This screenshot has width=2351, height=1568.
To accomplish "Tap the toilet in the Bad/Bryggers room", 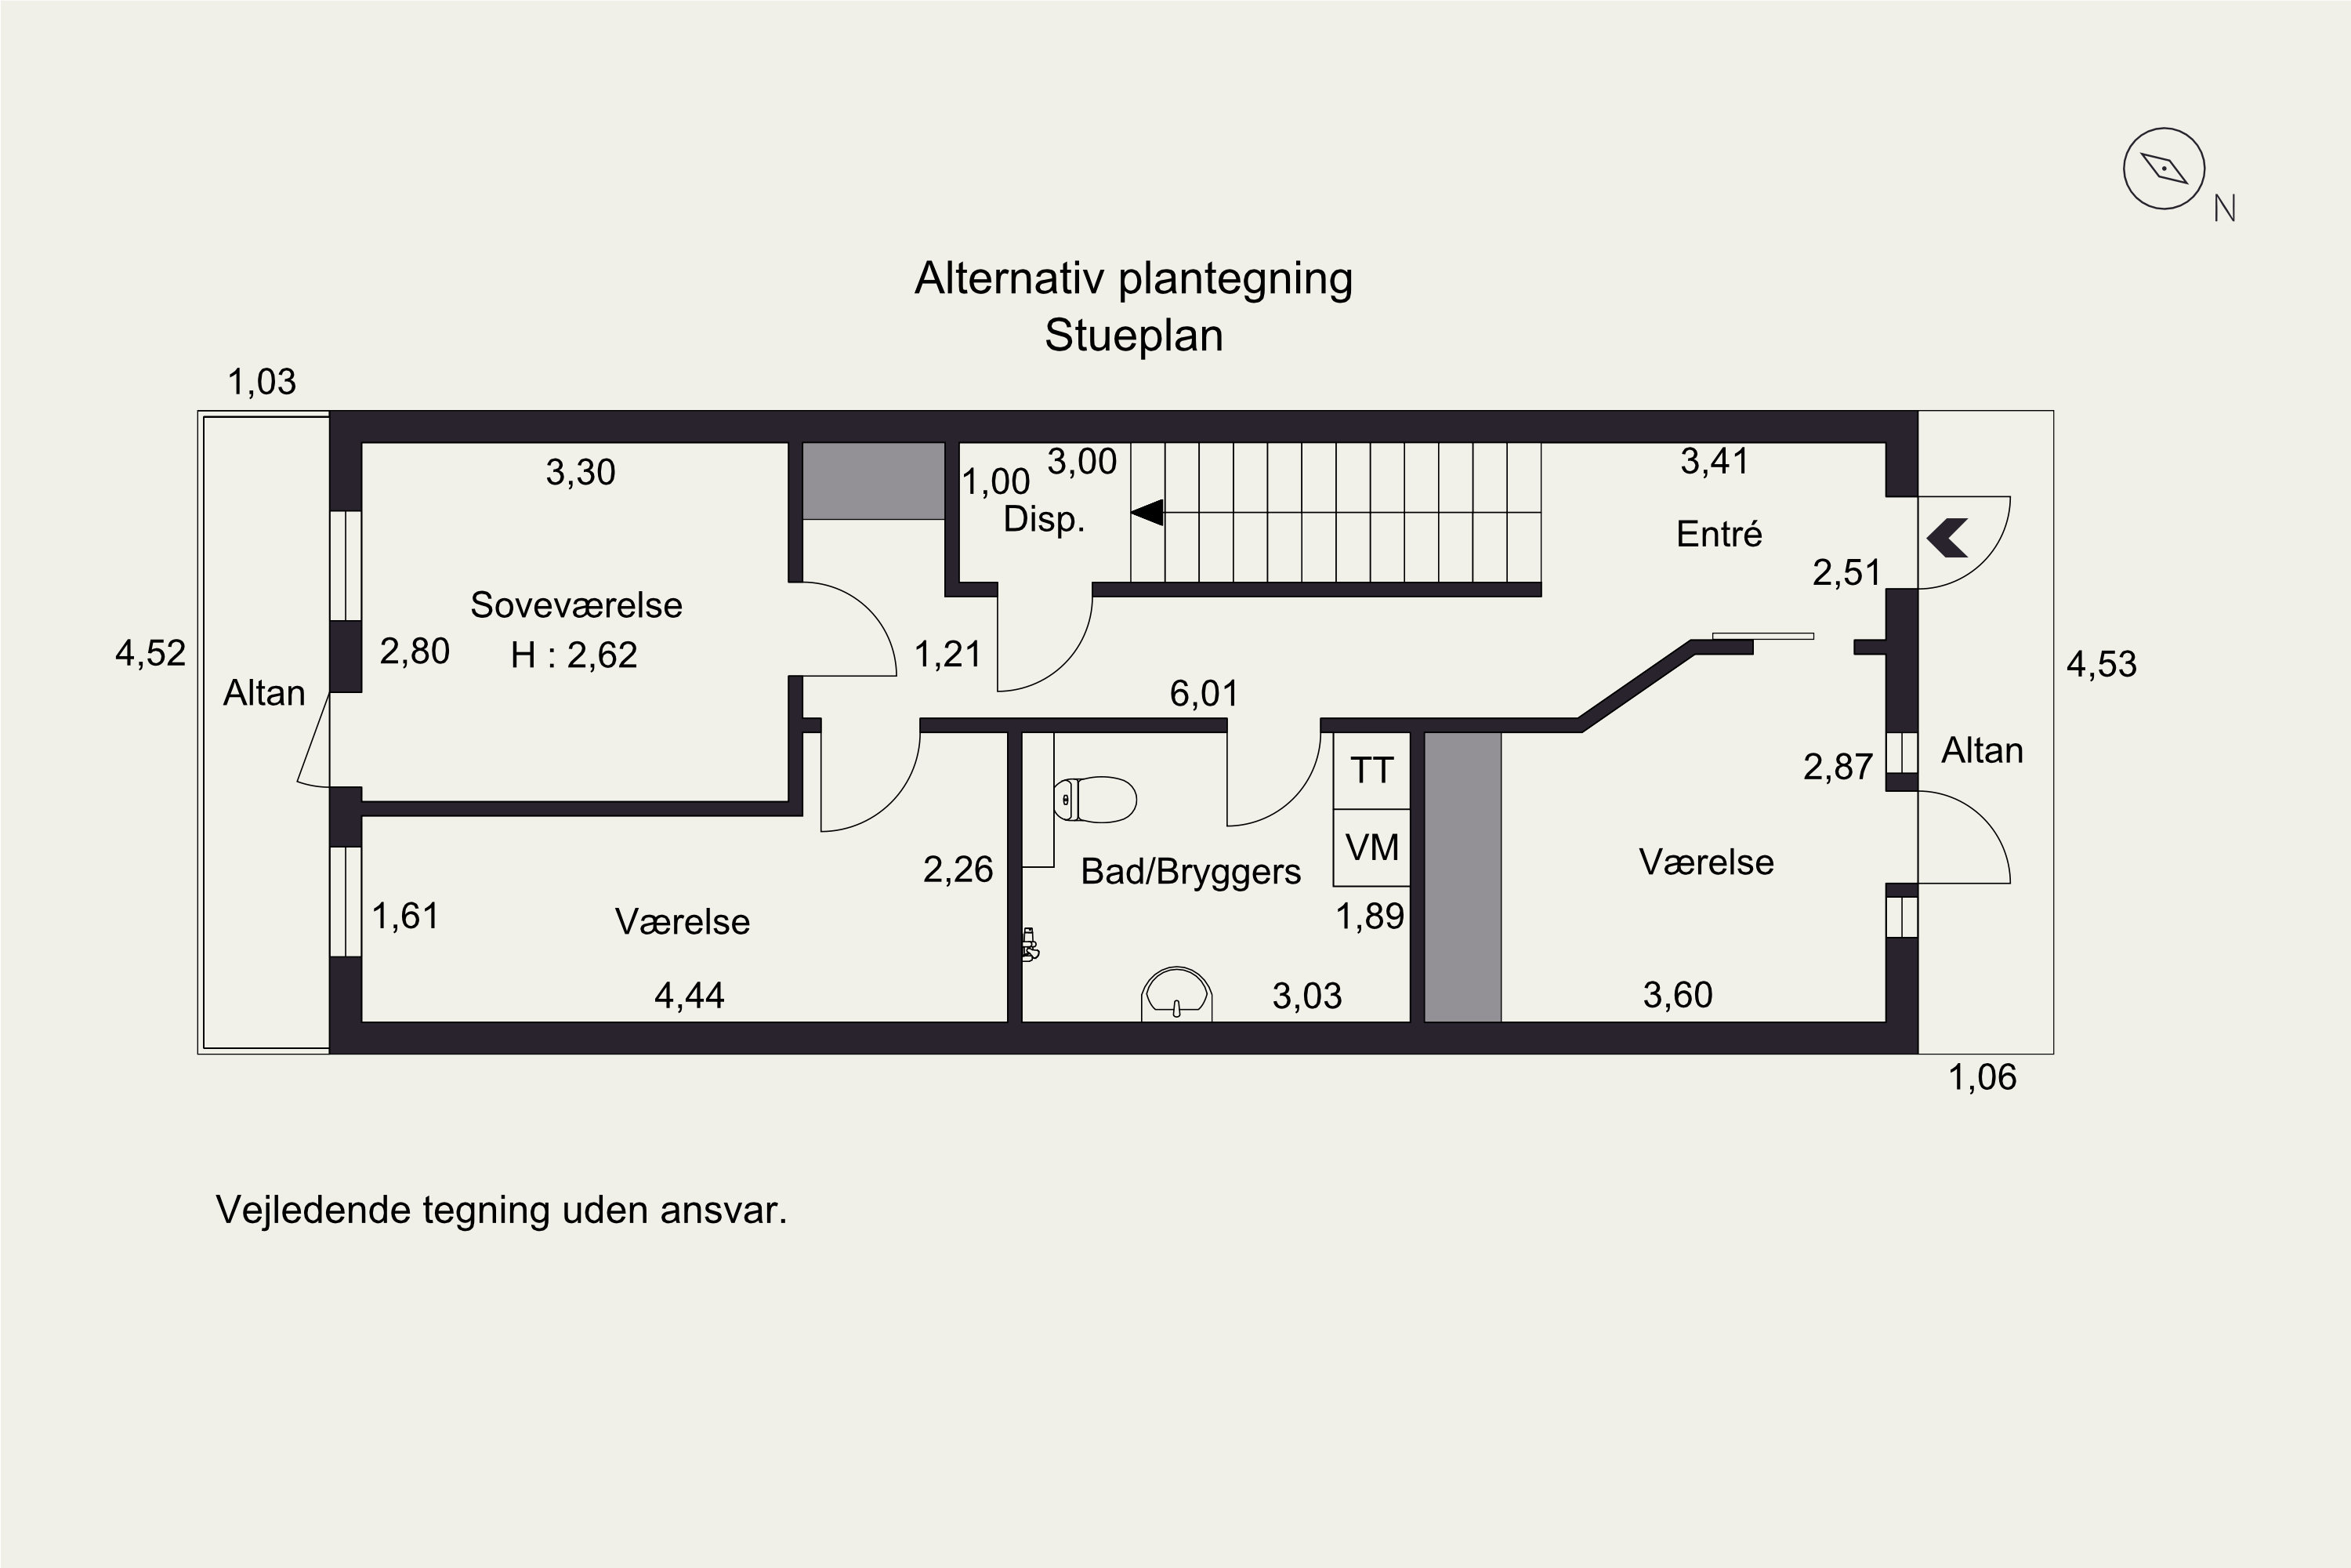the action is pyautogui.click(x=1095, y=799).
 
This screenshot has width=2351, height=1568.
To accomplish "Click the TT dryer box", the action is pyautogui.click(x=1371, y=771).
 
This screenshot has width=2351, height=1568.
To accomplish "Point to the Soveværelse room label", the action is pyautogui.click(x=577, y=605).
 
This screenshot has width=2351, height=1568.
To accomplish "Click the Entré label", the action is pyautogui.click(x=1719, y=534).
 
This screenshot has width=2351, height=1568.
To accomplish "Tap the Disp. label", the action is pyautogui.click(x=1045, y=520).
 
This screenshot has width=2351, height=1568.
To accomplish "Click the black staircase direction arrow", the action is pyautogui.click(x=1147, y=513).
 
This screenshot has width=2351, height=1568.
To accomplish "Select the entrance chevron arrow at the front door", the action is pyautogui.click(x=1947, y=538).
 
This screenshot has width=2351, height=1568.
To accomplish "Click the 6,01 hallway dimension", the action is pyautogui.click(x=1204, y=693).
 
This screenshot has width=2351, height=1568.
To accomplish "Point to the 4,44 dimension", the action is pyautogui.click(x=690, y=995).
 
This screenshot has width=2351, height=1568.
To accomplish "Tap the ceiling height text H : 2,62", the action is pyautogui.click(x=574, y=655).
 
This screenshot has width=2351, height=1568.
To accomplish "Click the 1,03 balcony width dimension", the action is pyautogui.click(x=262, y=382).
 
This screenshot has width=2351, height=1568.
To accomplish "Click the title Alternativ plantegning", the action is pyautogui.click(x=1133, y=280).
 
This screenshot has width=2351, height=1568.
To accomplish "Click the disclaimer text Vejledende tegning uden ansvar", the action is pyautogui.click(x=502, y=1210).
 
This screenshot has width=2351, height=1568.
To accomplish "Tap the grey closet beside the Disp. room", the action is pyautogui.click(x=875, y=481).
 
